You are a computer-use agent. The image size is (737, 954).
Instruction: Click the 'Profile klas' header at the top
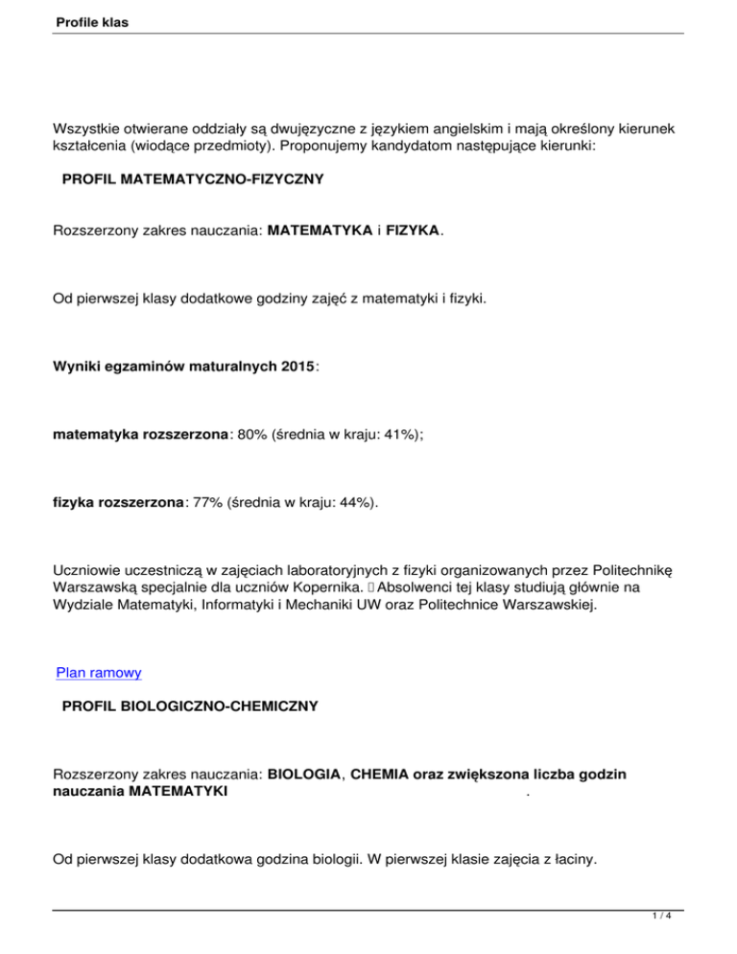(88, 19)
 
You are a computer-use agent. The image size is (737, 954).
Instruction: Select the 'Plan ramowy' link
(99, 673)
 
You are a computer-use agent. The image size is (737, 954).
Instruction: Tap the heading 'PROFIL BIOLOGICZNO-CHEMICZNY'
(190, 707)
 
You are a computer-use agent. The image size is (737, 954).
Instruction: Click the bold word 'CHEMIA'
(381, 772)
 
